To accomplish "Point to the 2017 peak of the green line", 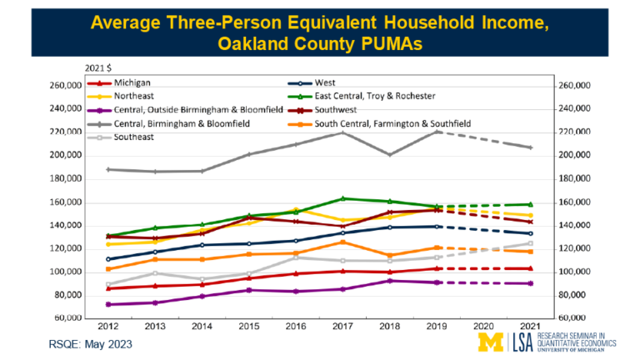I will coord(342,198).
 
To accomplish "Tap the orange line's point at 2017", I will coord(342,242).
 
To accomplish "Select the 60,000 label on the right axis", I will coord(576,318).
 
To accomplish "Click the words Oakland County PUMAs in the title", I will coord(320,40).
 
